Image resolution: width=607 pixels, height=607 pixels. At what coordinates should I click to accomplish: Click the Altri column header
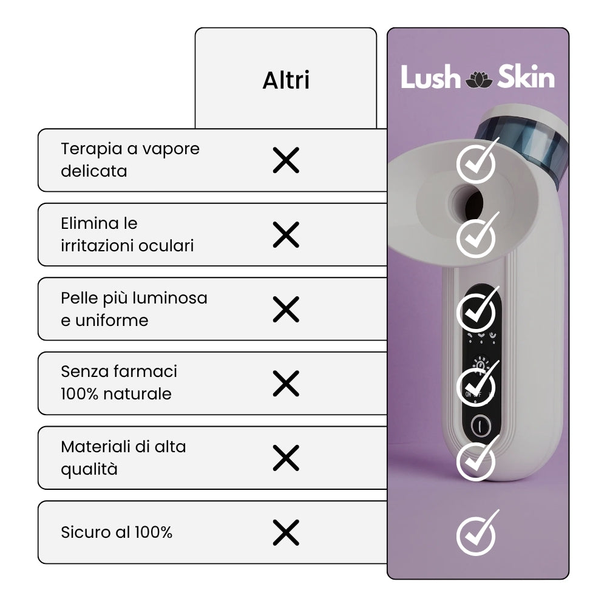coord(286,80)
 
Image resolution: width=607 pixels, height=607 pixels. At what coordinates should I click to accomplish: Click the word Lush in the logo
coord(430,76)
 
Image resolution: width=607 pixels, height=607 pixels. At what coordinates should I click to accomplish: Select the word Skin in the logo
coord(526,76)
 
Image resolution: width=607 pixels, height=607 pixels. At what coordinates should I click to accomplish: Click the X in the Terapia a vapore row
coord(286,160)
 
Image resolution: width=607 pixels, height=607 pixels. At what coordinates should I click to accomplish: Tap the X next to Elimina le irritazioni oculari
coord(286,234)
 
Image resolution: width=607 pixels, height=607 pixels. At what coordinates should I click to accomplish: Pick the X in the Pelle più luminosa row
coord(286,310)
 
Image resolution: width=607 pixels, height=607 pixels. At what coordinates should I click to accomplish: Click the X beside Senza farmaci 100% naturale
coord(286,384)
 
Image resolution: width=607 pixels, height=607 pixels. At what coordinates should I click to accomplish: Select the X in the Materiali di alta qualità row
coord(286,458)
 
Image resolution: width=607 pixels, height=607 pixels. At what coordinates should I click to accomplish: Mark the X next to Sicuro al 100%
coord(286,533)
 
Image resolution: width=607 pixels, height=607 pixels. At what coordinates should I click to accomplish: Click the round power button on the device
coord(480,426)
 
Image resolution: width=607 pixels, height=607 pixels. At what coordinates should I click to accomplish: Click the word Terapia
coord(92,149)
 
